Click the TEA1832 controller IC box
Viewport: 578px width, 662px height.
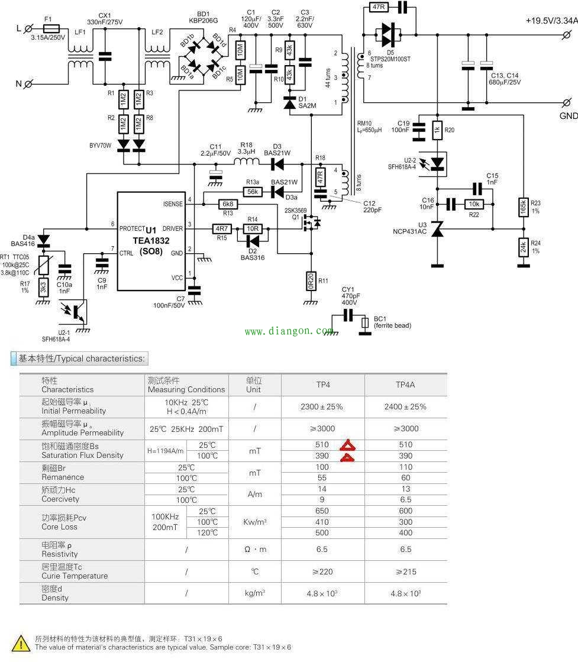click(152, 241)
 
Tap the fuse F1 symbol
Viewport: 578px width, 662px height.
click(51, 28)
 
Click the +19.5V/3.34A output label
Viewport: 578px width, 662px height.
click(551, 20)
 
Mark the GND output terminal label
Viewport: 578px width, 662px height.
click(568, 116)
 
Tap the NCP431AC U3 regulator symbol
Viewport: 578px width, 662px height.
click(437, 229)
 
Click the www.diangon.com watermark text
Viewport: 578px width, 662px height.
click(289, 331)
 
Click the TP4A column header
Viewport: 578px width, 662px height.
click(405, 385)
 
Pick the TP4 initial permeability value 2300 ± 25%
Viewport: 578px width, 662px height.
click(322, 407)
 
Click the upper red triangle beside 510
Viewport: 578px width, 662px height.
click(347, 445)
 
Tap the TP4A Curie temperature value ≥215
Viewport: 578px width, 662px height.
click(405, 571)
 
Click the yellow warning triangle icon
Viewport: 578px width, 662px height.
click(22, 643)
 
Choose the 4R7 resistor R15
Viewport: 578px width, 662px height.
click(221, 228)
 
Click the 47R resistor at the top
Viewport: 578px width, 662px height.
click(378, 7)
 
